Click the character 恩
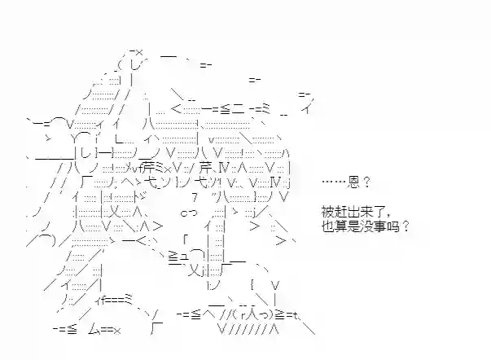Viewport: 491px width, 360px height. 353,182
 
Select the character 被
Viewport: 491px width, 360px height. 327,212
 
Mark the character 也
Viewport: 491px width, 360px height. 327,226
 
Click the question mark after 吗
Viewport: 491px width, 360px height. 406,226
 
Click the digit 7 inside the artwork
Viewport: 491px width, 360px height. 195,197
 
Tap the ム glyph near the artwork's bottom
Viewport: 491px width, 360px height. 94,329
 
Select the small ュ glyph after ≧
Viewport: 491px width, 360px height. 184,257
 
